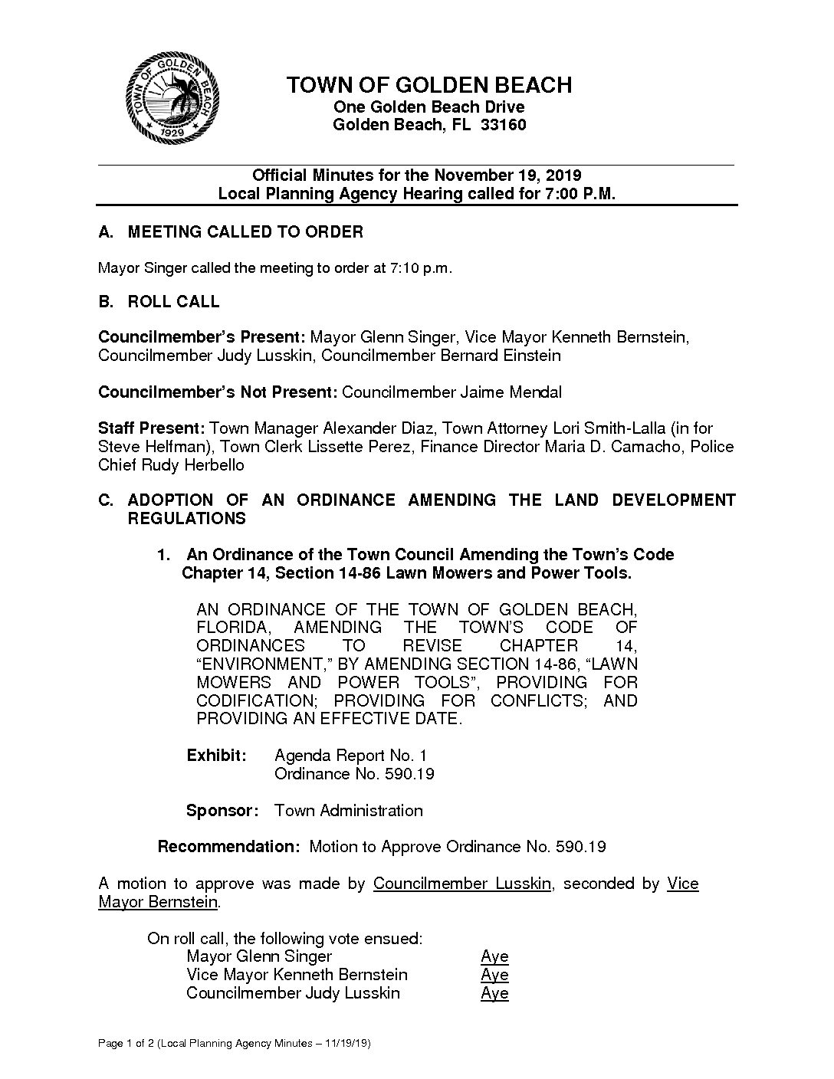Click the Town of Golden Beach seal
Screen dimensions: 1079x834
[x=173, y=98]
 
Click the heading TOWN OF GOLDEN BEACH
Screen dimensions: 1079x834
[x=429, y=85]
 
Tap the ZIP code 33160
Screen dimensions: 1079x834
[x=503, y=125]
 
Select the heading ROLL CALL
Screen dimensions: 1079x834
[x=173, y=302]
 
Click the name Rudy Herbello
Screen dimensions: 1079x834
[x=192, y=465]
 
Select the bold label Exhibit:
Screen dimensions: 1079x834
[x=217, y=756]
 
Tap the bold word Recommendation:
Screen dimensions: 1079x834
[x=228, y=847]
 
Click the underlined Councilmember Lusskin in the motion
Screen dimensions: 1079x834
[x=461, y=884]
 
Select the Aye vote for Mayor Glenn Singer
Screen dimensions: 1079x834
[x=494, y=956]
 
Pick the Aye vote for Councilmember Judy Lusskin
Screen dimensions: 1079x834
[x=494, y=993]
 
